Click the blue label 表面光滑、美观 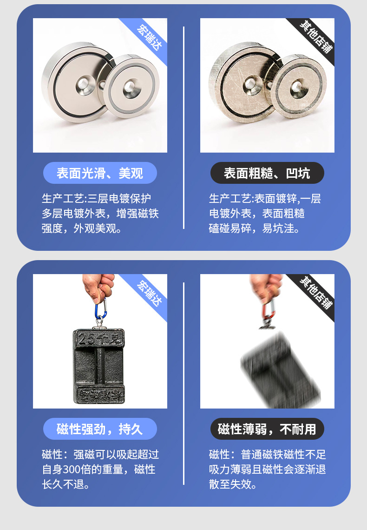coord(100,173)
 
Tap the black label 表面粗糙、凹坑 coord(267,173)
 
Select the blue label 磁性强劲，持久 coord(100,429)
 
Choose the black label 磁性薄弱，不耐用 coord(267,429)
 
